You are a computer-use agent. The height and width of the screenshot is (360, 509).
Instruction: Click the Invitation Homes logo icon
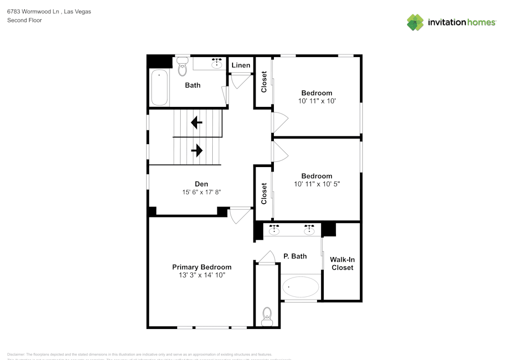pos(415,22)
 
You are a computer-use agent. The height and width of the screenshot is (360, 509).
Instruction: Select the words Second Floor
pos(24,20)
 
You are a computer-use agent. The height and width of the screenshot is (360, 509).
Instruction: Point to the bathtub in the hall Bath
pos(159,88)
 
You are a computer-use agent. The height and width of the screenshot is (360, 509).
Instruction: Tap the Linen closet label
pos(241,65)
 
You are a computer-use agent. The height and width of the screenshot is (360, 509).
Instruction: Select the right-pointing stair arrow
pos(197,150)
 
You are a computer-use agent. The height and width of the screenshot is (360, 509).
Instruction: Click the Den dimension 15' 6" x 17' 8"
pos(201,192)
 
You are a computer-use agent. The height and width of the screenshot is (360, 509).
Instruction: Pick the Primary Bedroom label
pos(202,267)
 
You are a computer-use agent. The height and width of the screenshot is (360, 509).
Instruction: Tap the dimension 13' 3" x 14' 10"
pos(202,275)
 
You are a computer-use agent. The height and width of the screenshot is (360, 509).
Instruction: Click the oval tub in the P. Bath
pos(300,287)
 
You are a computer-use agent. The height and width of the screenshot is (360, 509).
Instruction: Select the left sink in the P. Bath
pos(274,231)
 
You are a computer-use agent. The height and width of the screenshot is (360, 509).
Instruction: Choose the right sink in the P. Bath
pos(309,231)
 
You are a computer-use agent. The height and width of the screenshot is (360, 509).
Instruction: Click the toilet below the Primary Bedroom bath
pos(266,316)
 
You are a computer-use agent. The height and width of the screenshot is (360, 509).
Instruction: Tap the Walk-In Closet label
pos(342,263)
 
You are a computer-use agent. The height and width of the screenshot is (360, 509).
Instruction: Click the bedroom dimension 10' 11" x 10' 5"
pos(317,184)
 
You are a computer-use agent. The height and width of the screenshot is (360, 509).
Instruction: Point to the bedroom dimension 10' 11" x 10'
pos(317,101)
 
